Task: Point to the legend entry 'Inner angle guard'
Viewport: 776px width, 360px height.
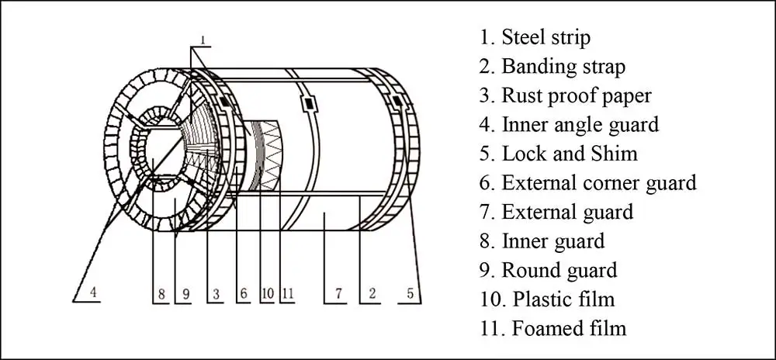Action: (x=569, y=124)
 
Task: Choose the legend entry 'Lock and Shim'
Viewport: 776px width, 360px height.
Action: (x=558, y=154)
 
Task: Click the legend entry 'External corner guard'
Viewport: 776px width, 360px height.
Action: (x=587, y=183)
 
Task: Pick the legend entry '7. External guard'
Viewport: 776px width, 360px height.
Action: (x=556, y=212)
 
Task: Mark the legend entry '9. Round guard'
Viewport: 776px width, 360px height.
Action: (x=548, y=270)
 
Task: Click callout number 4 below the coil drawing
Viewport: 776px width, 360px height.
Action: (x=93, y=293)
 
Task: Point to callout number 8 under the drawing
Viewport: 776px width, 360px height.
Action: (x=161, y=294)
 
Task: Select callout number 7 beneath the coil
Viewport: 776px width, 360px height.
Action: (x=338, y=294)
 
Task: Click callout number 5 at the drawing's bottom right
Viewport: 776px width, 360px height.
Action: (x=411, y=294)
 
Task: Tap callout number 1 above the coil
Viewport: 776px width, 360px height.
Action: (x=203, y=39)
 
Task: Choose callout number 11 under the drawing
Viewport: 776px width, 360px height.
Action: (x=287, y=294)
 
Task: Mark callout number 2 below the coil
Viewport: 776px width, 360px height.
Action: (x=372, y=294)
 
